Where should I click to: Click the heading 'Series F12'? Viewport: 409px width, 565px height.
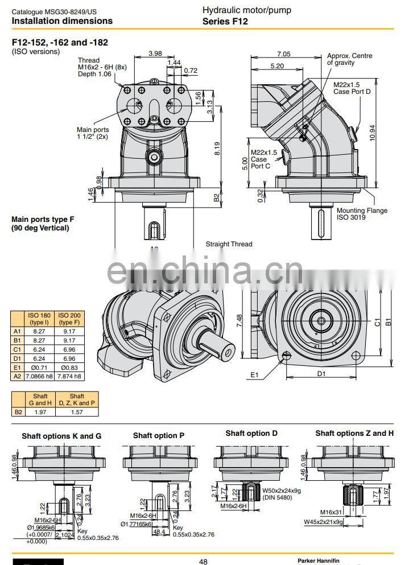pyautogui.click(x=225, y=22)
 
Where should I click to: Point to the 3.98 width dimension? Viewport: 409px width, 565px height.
pyautogui.click(x=155, y=54)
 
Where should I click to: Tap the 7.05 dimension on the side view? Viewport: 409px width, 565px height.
pyautogui.click(x=283, y=54)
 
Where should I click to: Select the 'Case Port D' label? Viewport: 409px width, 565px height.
pyautogui.click(x=352, y=92)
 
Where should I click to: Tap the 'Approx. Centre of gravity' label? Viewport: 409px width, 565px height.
pyautogui.click(x=349, y=59)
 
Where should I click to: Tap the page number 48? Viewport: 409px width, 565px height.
pyautogui.click(x=203, y=561)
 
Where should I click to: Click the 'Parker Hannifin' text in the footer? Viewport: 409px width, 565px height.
pyautogui.click(x=318, y=560)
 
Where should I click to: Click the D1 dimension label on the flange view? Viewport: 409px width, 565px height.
pyautogui.click(x=321, y=374)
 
